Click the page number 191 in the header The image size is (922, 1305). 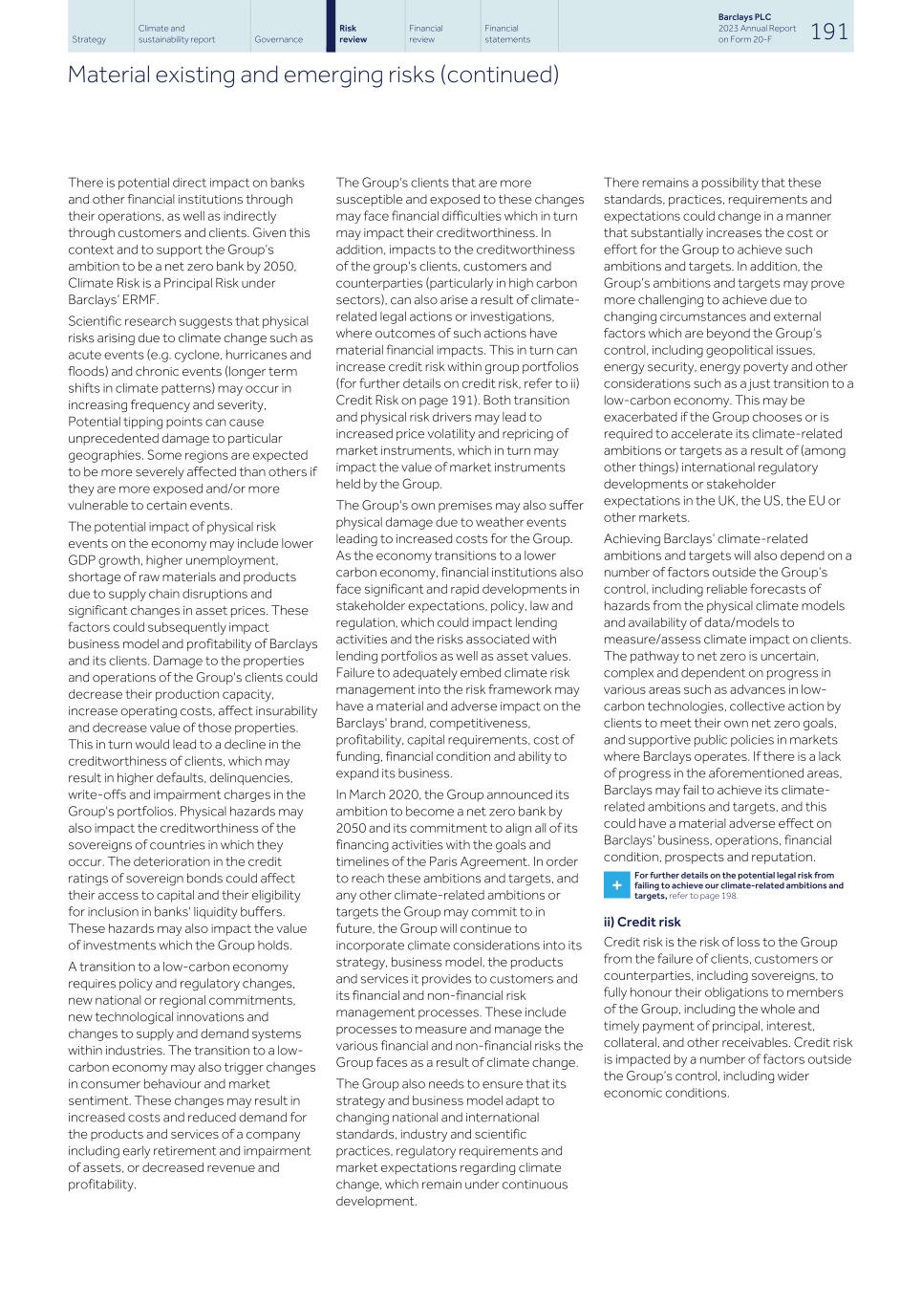pyautogui.click(x=828, y=32)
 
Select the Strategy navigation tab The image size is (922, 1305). pyautogui.click(x=89, y=40)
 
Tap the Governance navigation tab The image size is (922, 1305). pyautogui.click(x=278, y=40)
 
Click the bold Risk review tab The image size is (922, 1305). pyautogui.click(x=354, y=34)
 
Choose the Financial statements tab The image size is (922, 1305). pyautogui.click(x=506, y=34)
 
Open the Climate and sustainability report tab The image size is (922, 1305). pyautogui.click(x=177, y=34)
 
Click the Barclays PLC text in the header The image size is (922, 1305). pyautogui.click(x=743, y=17)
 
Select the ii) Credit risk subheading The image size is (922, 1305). pyautogui.click(x=642, y=922)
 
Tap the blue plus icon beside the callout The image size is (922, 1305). pyautogui.click(x=616, y=885)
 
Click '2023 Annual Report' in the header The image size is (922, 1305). pyautogui.click(x=756, y=29)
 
